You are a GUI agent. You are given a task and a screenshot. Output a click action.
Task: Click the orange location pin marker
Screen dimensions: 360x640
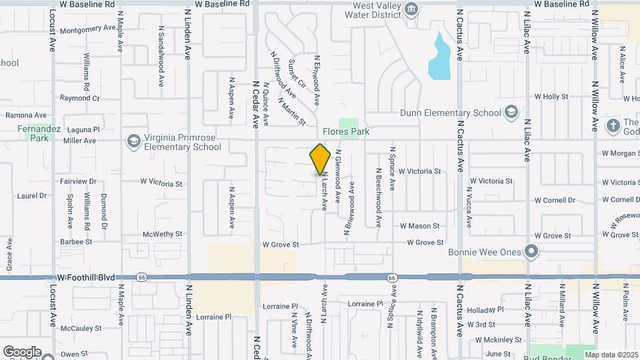click(x=321, y=159)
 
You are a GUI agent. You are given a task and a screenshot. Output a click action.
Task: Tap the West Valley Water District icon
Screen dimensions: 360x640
click(x=411, y=10)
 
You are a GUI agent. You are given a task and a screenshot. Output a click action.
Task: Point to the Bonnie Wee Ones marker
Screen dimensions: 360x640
click(x=531, y=251)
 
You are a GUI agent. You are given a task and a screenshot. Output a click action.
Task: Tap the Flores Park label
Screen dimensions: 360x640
click(x=346, y=132)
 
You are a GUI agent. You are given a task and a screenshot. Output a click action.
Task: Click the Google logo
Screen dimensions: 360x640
click(x=22, y=351)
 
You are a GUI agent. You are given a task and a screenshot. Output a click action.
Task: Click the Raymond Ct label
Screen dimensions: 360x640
click(x=79, y=98)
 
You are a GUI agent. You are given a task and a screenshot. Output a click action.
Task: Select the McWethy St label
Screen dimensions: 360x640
click(x=157, y=234)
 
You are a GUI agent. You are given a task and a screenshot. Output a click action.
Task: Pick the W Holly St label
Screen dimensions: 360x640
click(x=551, y=97)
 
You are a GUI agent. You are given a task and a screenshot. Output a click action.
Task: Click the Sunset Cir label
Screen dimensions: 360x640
click(x=297, y=74)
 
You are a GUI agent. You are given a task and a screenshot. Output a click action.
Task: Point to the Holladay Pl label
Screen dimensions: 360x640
click(x=486, y=310)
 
